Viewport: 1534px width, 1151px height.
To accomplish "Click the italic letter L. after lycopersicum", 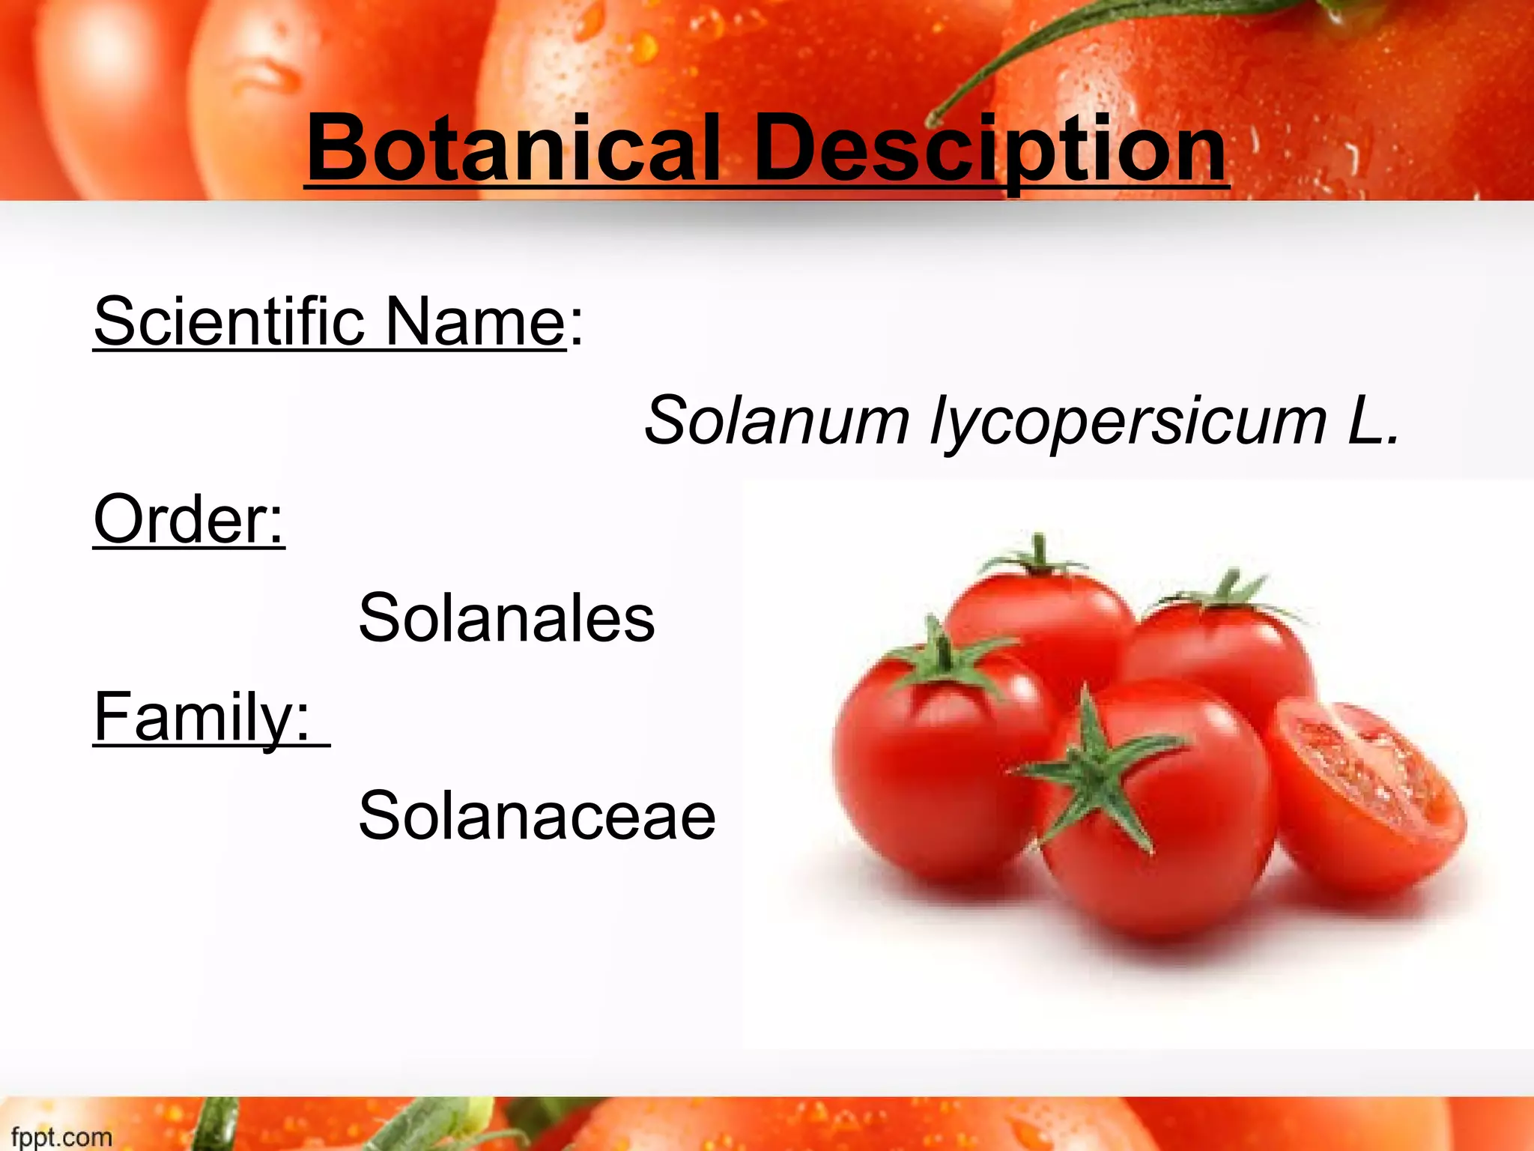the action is coord(1373,420).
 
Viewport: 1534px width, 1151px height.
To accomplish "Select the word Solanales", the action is coord(507,617).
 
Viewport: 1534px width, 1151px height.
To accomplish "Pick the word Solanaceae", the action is coord(537,815).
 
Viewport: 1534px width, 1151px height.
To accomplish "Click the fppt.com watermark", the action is coord(61,1137).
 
